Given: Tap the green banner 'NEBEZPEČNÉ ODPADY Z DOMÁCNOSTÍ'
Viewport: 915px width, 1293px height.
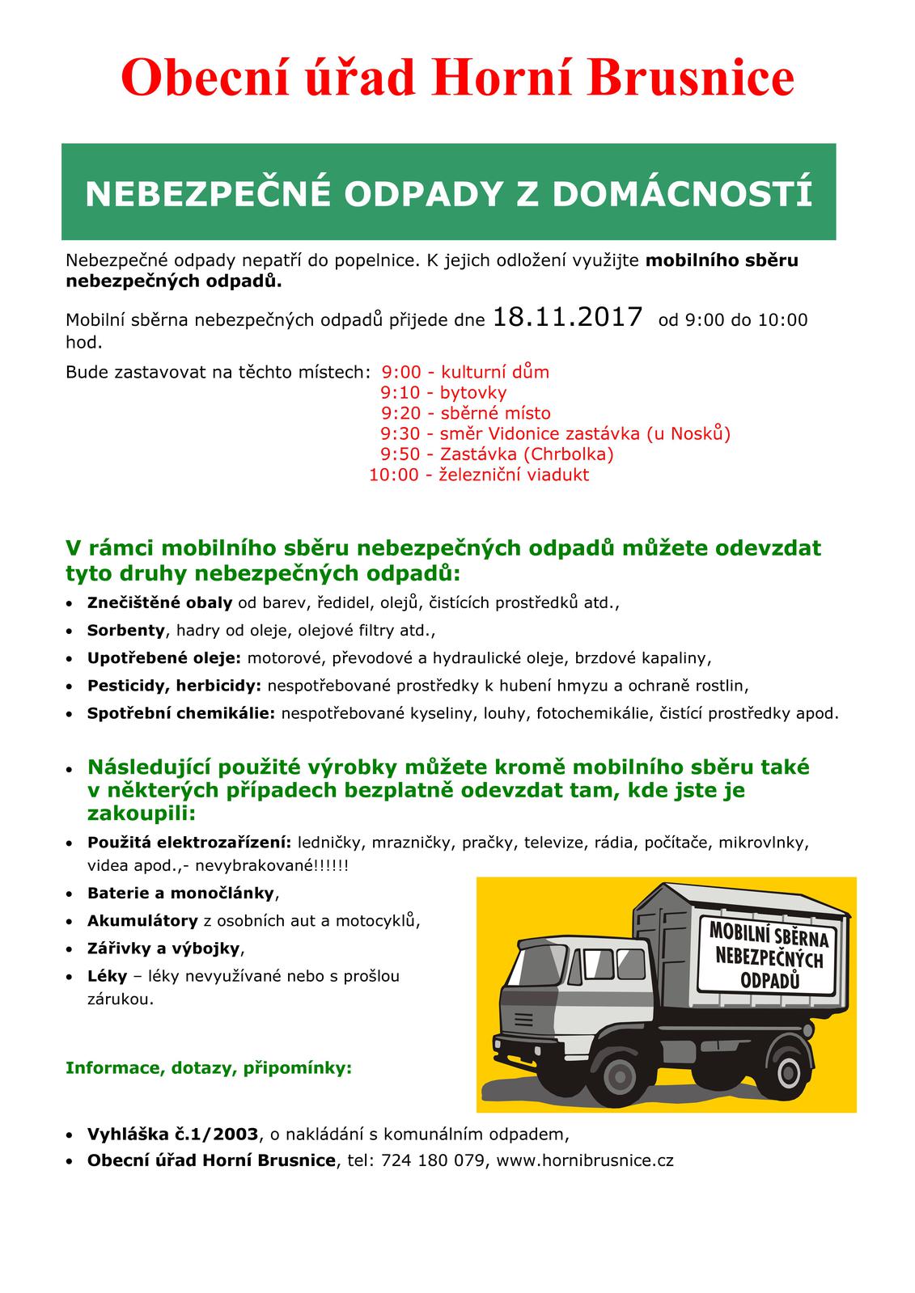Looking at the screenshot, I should tap(448, 192).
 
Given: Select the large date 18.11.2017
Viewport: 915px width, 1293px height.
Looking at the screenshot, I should tap(567, 317).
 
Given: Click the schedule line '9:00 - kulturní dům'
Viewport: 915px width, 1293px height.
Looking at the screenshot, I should tap(465, 373).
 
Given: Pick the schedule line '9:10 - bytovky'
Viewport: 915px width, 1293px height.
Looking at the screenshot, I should tap(443, 393).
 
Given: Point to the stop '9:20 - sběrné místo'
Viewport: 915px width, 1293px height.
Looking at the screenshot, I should tap(465, 413).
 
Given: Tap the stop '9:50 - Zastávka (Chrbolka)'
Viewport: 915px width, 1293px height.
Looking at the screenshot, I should tap(497, 454).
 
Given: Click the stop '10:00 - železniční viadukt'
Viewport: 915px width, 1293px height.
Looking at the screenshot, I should tap(479, 475).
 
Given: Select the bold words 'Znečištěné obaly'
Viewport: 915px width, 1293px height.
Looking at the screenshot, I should tap(159, 603).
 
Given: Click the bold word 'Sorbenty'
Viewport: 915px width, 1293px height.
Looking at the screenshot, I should tap(125, 631).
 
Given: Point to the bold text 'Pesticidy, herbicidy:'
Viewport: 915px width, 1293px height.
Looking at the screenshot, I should tap(174, 686).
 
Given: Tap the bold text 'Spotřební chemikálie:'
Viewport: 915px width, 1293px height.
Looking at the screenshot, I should tap(181, 713).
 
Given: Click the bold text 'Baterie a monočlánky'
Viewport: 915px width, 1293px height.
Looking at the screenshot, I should tap(181, 894).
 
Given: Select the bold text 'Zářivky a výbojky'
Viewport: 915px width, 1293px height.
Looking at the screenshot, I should tap(164, 948).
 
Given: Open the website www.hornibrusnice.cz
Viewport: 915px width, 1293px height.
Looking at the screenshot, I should tap(585, 1161).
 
